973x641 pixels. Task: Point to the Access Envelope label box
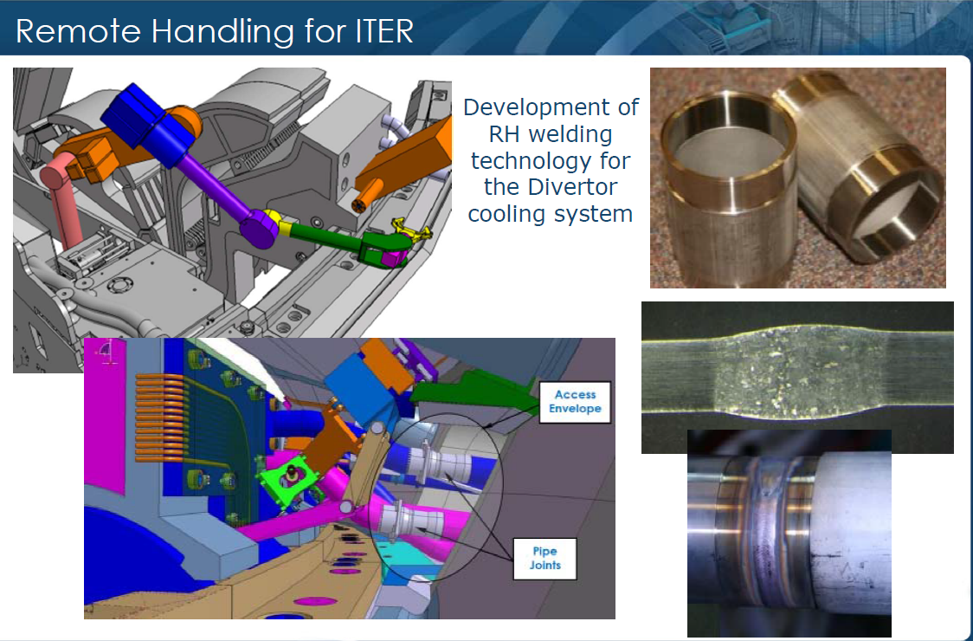pyautogui.click(x=575, y=402)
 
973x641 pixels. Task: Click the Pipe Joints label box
pyautogui.click(x=544, y=559)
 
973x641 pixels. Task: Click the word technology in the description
pyautogui.click(x=550, y=161)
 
